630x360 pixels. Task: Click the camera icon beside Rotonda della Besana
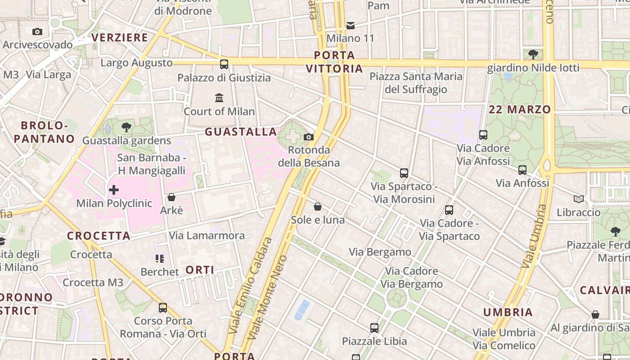tap(309, 137)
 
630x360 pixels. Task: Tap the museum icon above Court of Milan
tap(219, 98)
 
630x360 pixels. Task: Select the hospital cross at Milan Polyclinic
tap(114, 190)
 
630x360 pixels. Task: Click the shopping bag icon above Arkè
tap(171, 197)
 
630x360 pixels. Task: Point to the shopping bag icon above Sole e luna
tap(318, 207)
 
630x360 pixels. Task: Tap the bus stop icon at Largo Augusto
tap(224, 64)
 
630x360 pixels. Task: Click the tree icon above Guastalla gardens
tap(126, 127)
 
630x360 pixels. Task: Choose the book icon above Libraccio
tap(579, 199)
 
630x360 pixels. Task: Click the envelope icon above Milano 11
tap(351, 25)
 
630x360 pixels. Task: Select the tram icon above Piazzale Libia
tap(374, 328)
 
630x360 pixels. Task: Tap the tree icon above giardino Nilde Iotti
tap(533, 55)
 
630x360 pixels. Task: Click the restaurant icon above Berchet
tap(160, 259)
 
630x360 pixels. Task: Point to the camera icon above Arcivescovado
tap(37, 31)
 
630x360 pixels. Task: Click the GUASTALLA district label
tap(241, 132)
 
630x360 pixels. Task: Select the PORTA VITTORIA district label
tap(334, 62)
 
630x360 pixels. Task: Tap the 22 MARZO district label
tap(520, 109)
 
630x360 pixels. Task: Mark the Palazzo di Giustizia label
tap(224, 78)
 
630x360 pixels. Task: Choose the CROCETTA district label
tap(99, 236)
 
